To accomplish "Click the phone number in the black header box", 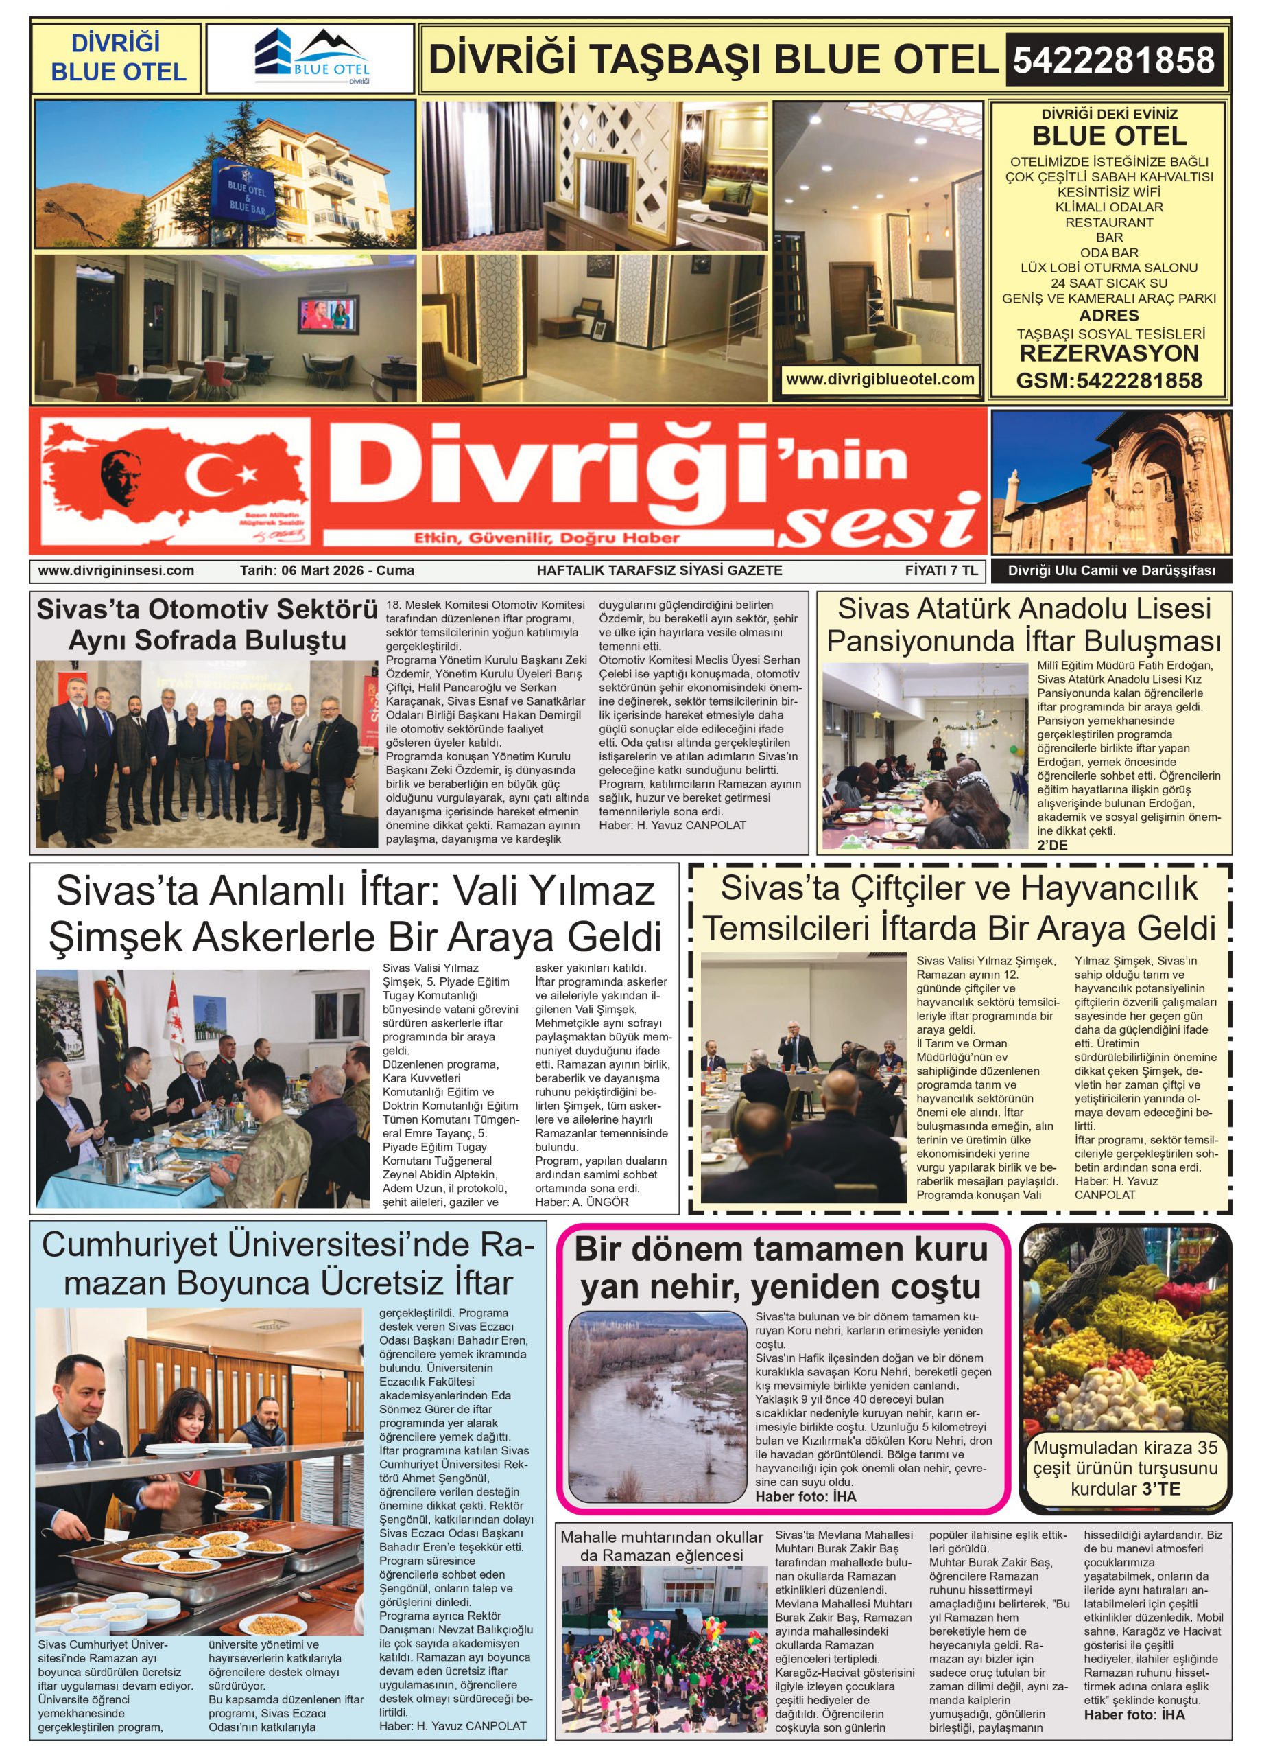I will tap(1112, 60).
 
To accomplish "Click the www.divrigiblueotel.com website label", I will tap(879, 380).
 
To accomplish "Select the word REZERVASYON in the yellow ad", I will tap(1108, 354).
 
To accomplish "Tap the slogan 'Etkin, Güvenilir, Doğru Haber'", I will tap(546, 537).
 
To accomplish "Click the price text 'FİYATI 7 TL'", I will tap(941, 571).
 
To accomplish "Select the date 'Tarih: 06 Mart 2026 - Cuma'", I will tap(326, 571).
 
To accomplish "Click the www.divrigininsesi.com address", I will tap(116, 571).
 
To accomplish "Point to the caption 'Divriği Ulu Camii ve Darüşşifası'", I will tap(1111, 571).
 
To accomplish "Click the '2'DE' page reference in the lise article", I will tap(1051, 845).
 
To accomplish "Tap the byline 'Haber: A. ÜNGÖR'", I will tap(582, 1202).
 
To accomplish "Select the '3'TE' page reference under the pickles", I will tap(1160, 1489).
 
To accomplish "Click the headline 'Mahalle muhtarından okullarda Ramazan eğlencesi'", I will tap(662, 1546).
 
